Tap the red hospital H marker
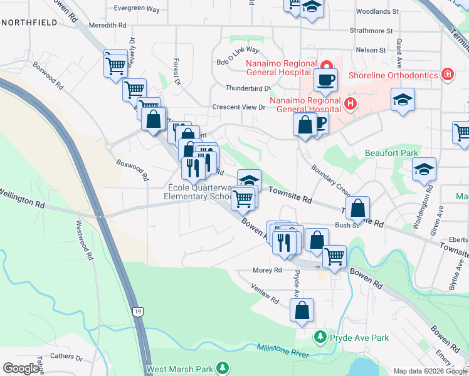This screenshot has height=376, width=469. (350, 103)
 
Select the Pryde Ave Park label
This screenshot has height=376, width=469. (360, 338)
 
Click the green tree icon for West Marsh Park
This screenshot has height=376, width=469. (221, 367)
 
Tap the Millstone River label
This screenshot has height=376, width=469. (283, 355)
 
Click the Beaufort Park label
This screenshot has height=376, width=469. (392, 153)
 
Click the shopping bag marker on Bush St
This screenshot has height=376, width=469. (357, 208)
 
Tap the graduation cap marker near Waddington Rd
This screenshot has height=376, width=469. (424, 170)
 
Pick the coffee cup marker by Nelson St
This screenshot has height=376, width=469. (325, 80)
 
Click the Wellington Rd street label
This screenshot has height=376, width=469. (22, 198)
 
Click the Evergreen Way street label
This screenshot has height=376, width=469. (139, 8)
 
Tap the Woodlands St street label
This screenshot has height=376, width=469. (377, 11)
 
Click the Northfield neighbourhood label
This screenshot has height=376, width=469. (29, 23)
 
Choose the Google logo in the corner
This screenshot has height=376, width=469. (21, 368)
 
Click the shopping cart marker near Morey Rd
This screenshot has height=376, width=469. (334, 257)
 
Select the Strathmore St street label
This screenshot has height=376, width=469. (371, 30)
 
